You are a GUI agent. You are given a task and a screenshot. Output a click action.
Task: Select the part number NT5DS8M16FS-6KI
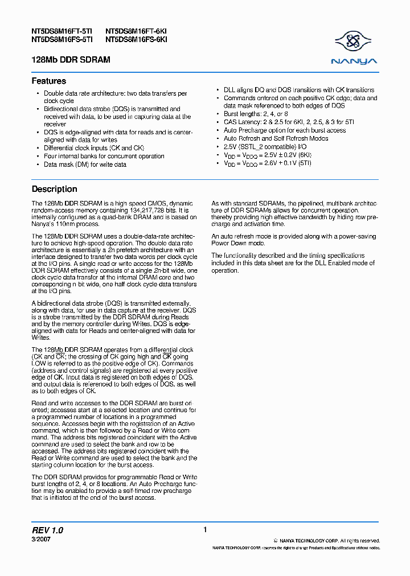136,40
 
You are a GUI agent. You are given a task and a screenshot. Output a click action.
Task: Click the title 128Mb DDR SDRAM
71,60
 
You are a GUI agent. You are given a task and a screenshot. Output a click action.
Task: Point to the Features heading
48,81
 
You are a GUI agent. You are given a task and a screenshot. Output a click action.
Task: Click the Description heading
54,189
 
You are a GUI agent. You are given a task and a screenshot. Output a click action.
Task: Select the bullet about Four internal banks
104,156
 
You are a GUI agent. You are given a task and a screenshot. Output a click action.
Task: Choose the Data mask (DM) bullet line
85,164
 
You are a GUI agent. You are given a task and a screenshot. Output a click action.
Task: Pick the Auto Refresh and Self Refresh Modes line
276,138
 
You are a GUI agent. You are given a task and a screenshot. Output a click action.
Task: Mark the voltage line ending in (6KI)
267,155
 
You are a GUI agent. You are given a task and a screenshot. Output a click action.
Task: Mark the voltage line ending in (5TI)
267,163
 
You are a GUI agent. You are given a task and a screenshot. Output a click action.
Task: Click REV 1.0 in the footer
47,530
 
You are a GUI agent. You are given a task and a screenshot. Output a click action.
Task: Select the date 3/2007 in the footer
40,538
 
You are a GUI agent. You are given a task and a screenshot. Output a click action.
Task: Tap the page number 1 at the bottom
205,530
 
